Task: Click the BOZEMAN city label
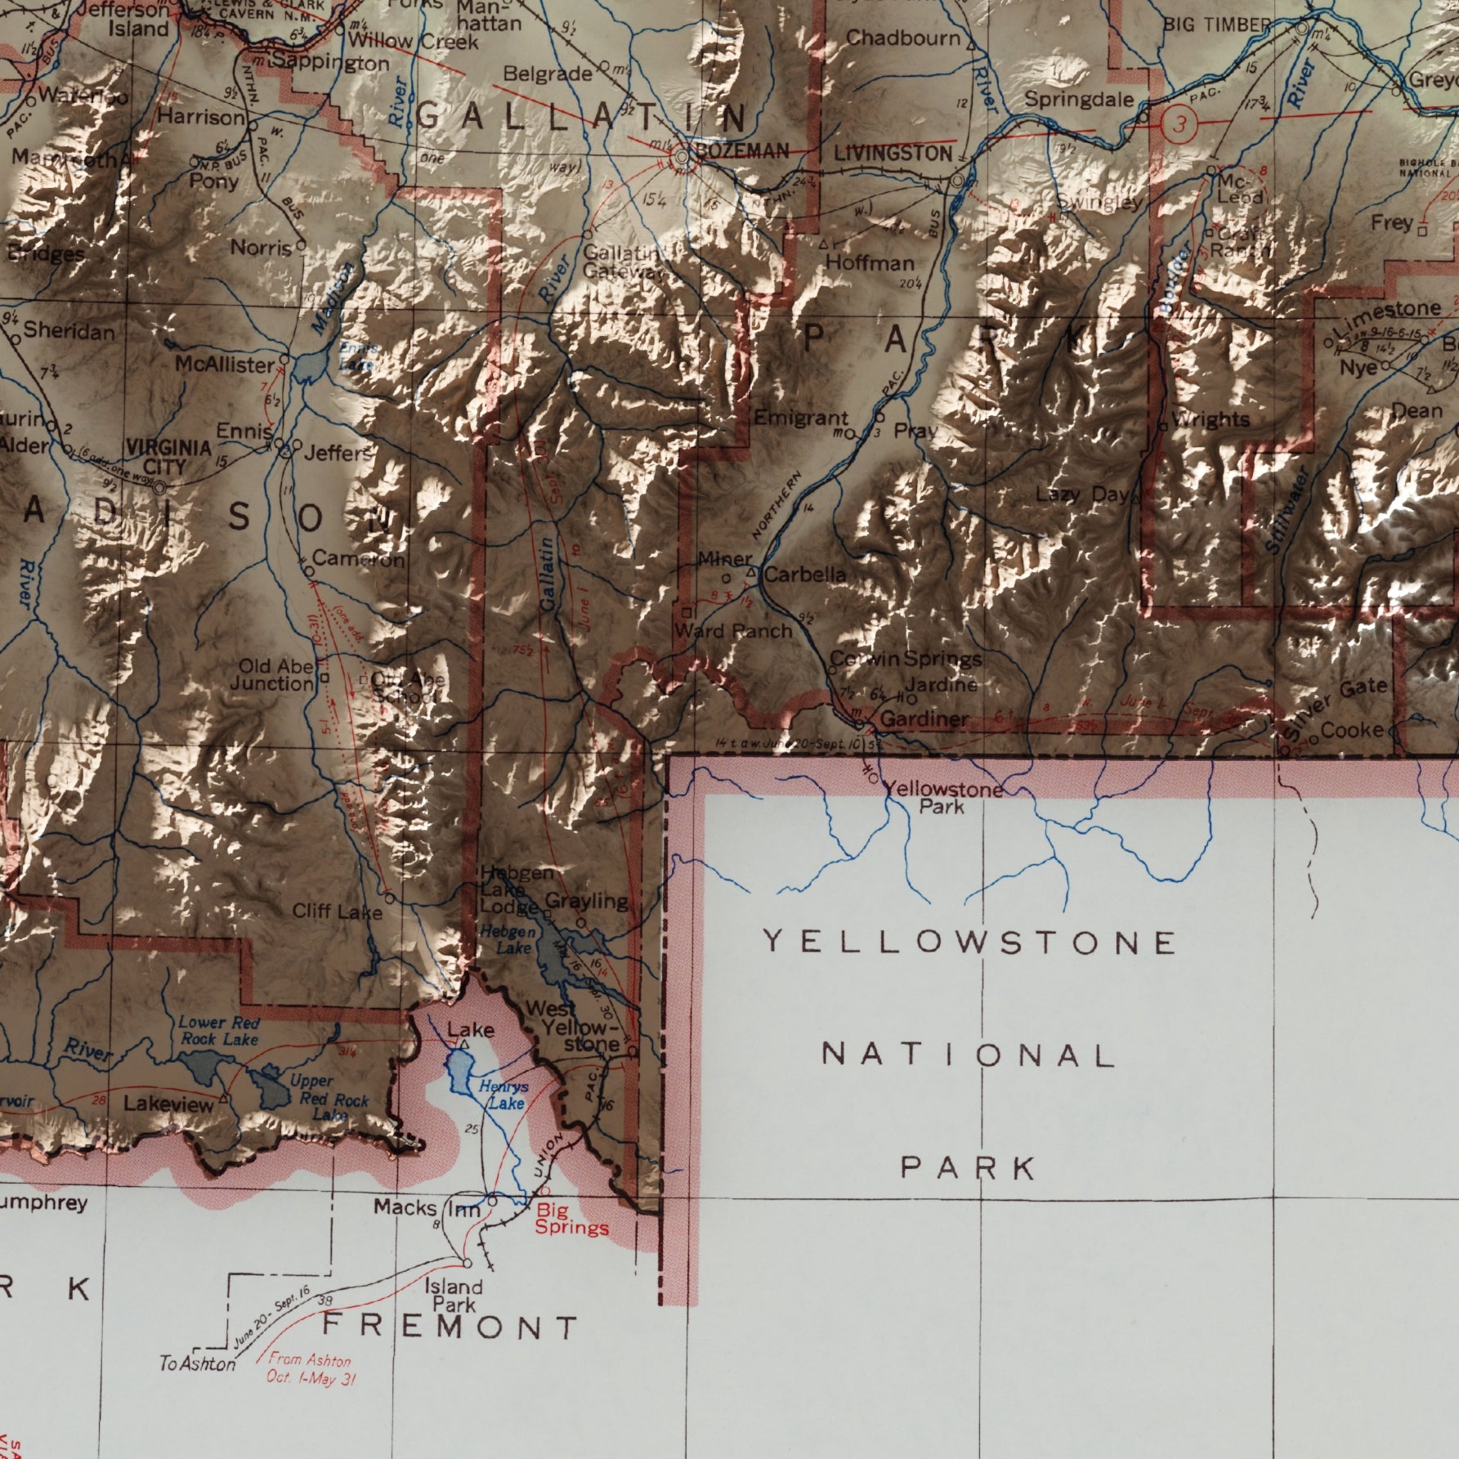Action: tap(742, 151)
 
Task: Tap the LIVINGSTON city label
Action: tap(893, 154)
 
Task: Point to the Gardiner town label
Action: tap(924, 719)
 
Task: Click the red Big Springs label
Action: tap(572, 1219)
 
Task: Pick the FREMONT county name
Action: tap(450, 1326)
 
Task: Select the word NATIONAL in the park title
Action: tap(968, 1055)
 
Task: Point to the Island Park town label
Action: tap(454, 1295)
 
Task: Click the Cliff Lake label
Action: tap(337, 911)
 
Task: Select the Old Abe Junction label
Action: tap(272, 675)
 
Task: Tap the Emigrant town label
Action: tap(800, 418)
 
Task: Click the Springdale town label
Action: tap(1079, 100)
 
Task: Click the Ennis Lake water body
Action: tap(309, 367)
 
